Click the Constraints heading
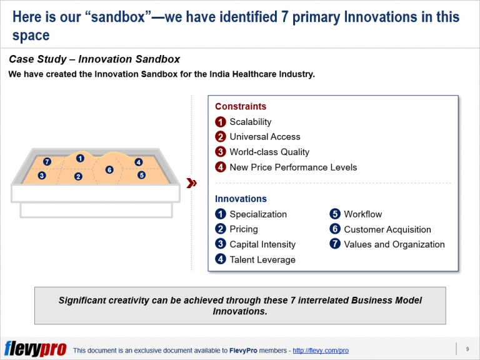click(x=241, y=106)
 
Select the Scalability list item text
click(x=250, y=122)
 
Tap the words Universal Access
click(x=264, y=137)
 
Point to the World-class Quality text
click(x=269, y=152)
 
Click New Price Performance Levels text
click(x=293, y=167)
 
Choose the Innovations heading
click(x=241, y=199)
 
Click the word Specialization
click(x=258, y=214)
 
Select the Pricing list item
click(x=243, y=229)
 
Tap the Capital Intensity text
click(x=262, y=244)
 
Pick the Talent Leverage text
click(x=262, y=259)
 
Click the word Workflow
click(x=362, y=214)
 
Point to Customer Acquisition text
click(x=387, y=229)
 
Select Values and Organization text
click(x=394, y=244)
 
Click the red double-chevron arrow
click(x=192, y=183)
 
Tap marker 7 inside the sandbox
click(x=47, y=162)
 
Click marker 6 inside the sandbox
click(x=109, y=169)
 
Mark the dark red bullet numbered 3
click(x=221, y=152)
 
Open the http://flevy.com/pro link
click(x=320, y=351)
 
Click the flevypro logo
click(x=35, y=349)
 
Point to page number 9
click(x=467, y=349)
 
